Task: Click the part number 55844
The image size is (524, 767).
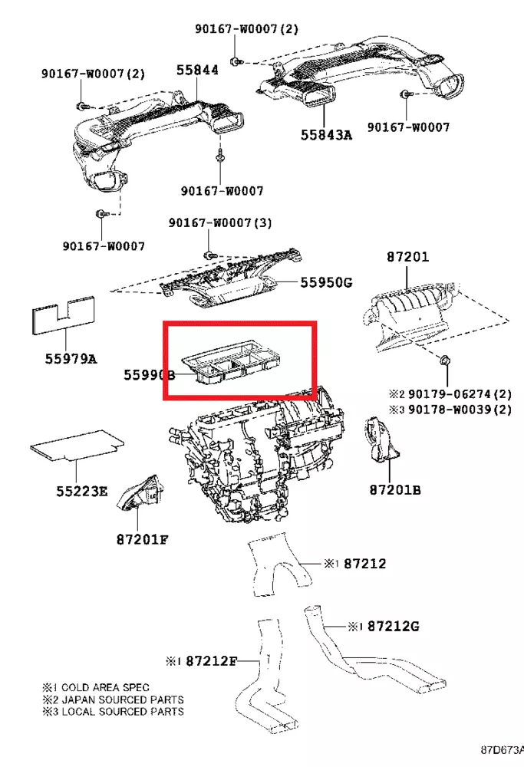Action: (197, 70)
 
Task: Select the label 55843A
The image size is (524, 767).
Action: (325, 135)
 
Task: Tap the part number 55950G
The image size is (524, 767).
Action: (325, 282)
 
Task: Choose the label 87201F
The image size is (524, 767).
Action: (142, 539)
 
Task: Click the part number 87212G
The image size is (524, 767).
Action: (393, 626)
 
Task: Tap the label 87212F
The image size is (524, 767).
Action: (213, 660)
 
